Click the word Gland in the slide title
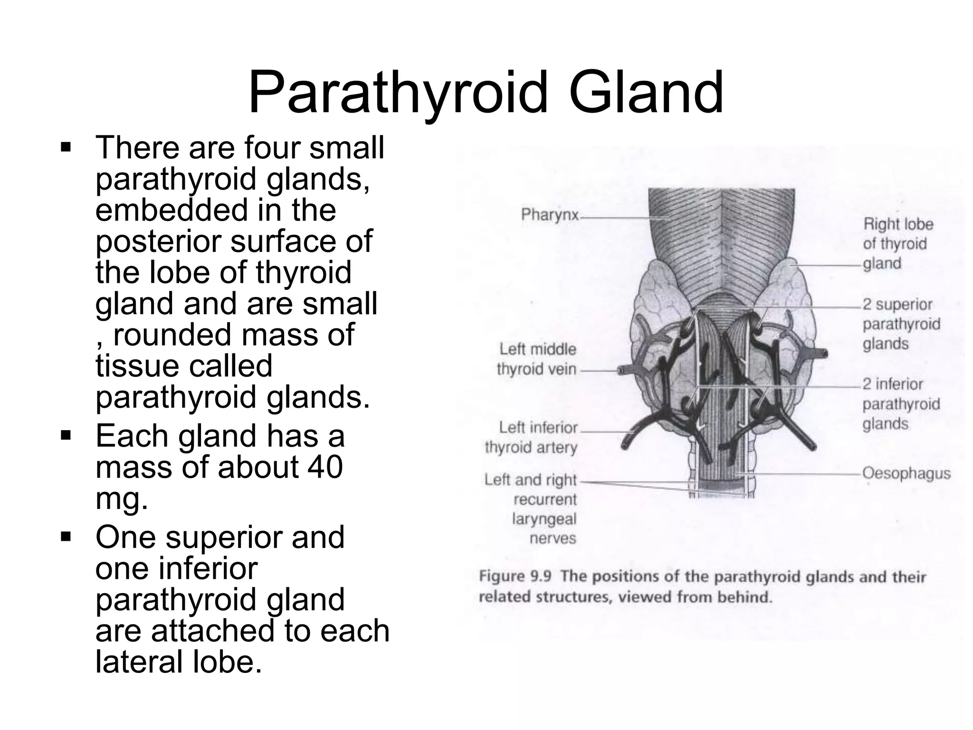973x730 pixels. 646,94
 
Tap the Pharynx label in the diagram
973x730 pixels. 550,215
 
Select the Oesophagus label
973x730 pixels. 906,473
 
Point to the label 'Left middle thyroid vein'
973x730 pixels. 537,359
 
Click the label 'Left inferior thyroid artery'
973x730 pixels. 532,437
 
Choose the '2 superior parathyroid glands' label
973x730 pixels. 901,324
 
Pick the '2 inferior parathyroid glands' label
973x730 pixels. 901,403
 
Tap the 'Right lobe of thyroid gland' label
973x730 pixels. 898,243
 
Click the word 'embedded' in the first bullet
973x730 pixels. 172,210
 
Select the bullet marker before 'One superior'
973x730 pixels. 66,538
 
